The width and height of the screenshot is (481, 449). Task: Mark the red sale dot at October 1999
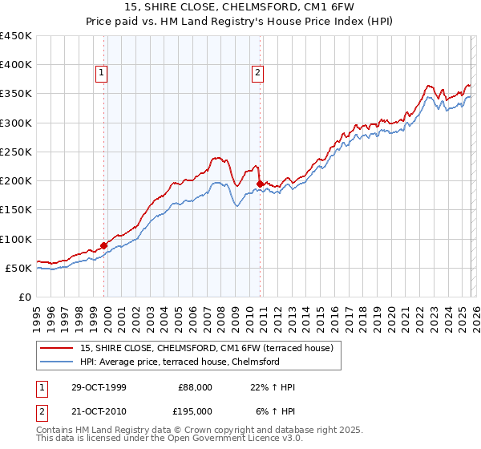[x=104, y=245]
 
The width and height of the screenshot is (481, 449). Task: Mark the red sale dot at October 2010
[x=260, y=184]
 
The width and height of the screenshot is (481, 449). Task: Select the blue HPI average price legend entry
[x=179, y=362]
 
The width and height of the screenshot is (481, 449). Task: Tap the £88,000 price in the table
[x=196, y=387]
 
